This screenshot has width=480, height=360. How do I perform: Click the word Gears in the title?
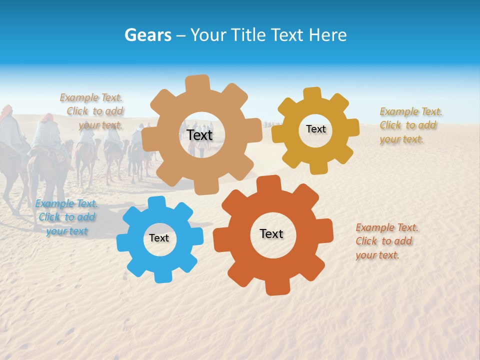pos(147,35)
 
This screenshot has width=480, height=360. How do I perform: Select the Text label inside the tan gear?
pos(199,135)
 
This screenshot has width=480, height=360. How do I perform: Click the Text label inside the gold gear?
pos(315,129)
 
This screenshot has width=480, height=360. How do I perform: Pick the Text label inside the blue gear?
pos(159,238)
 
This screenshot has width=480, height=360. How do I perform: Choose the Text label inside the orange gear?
pos(271,233)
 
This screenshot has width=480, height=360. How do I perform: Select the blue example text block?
pos(67,217)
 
